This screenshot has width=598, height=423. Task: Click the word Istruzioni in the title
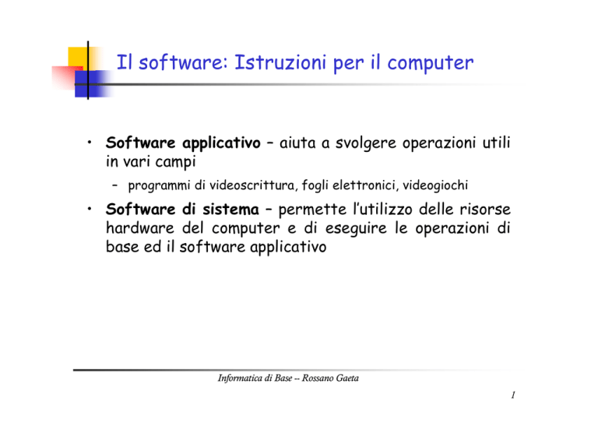pos(280,62)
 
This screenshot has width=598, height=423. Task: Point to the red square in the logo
pos(67,77)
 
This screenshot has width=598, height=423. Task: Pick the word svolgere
pos(366,143)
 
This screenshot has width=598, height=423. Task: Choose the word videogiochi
pos(435,185)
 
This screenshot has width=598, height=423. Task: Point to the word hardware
pos(140,228)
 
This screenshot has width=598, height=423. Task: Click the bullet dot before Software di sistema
pos(90,209)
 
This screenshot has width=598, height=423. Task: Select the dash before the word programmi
pos(114,185)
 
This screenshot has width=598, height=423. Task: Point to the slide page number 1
pos(513,395)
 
